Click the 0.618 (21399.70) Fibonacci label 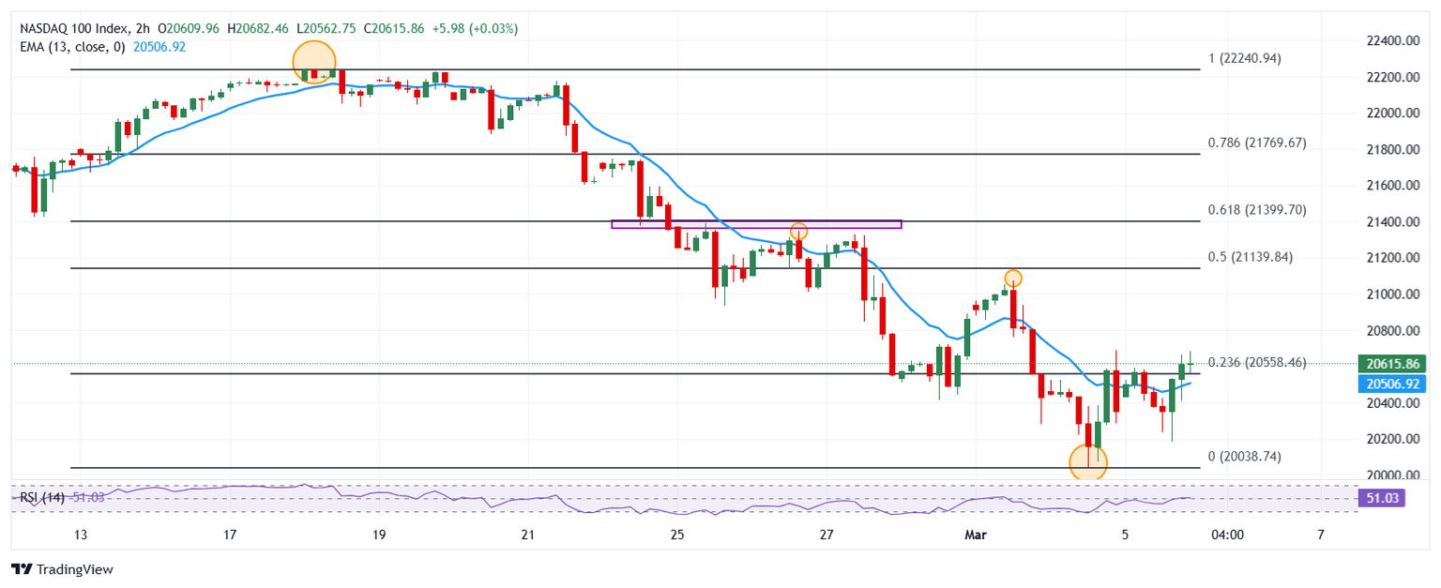tap(1255, 210)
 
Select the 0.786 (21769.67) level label tap(1255, 143)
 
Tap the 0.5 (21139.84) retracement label tap(1249, 257)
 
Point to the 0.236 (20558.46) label tap(1256, 362)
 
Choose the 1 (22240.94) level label tap(1244, 58)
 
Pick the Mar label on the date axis tap(975, 535)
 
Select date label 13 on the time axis tap(80, 535)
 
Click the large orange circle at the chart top tap(313, 62)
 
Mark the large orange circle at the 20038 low tap(1088, 462)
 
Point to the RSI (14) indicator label tap(42, 497)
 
